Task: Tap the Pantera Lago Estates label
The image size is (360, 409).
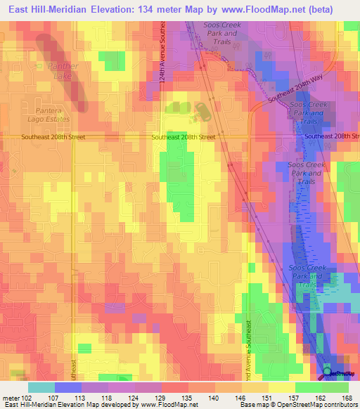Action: (x=57, y=115)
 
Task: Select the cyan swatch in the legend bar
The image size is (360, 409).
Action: (x=41, y=387)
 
